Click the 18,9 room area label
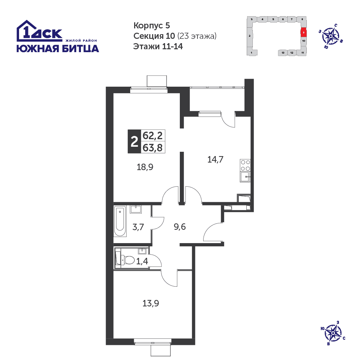pyautogui.click(x=145, y=167)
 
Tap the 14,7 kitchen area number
pyautogui.click(x=215, y=159)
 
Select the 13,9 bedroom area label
pyautogui.click(x=151, y=304)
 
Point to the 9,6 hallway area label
pyautogui.click(x=179, y=227)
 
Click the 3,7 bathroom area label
pyautogui.click(x=138, y=227)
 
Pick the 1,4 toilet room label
pyautogui.click(x=142, y=261)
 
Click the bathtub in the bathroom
pyautogui.click(x=120, y=221)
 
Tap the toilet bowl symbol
pyautogui.click(x=127, y=260)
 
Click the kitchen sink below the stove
pyautogui.click(x=245, y=177)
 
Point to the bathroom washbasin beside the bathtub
pyautogui.click(x=136, y=209)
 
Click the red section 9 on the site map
pyautogui.click(x=304, y=33)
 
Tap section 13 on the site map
pyautogui.click(x=283, y=53)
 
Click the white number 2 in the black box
pyautogui.click(x=134, y=141)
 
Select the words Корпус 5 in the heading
pyautogui.click(x=152, y=26)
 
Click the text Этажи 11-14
pyautogui.click(x=158, y=46)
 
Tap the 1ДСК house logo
pyautogui.click(x=39, y=31)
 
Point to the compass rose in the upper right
pyautogui.click(x=331, y=36)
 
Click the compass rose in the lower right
pyautogui.click(x=333, y=333)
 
